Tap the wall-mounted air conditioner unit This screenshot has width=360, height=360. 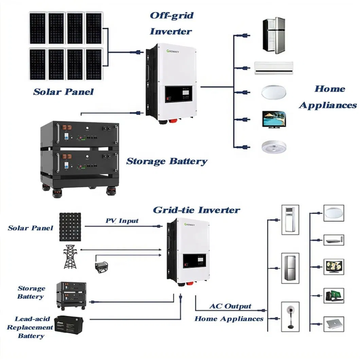273,68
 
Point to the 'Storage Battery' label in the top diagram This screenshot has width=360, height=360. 166,161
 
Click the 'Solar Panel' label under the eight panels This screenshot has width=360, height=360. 63,92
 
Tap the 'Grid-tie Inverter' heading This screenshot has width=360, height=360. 196,210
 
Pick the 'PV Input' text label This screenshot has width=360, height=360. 122,221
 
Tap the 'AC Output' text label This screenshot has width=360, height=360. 230,306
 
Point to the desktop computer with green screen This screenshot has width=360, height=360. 334,295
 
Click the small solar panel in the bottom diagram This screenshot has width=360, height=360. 70,227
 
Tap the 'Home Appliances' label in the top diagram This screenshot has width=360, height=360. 328,97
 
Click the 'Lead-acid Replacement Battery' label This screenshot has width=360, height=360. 31,327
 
